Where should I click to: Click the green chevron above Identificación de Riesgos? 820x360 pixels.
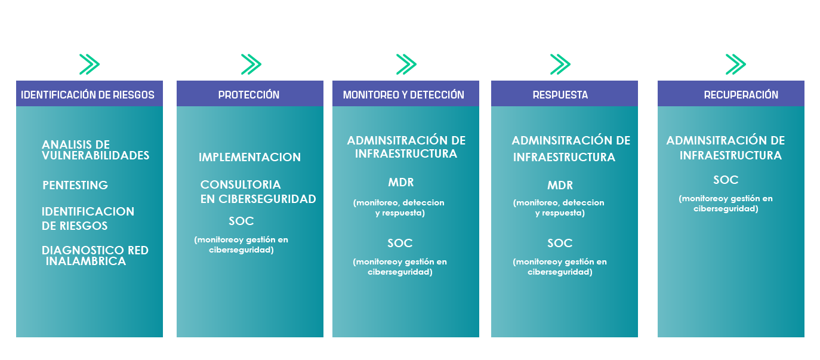point(90,64)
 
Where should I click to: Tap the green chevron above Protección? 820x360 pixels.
point(251,64)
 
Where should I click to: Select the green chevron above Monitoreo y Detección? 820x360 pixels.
point(406,64)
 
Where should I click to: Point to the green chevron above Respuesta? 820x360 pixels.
point(560,64)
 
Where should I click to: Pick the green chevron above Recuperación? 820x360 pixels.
point(736,64)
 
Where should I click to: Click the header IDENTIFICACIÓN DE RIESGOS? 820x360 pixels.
point(88,95)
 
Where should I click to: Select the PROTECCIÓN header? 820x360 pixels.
point(249,95)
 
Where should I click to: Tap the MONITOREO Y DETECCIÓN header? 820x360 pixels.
point(403,95)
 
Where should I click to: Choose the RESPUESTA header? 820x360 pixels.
point(560,95)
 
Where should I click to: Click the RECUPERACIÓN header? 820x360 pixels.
point(741,95)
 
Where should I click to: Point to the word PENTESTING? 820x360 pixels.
point(75,185)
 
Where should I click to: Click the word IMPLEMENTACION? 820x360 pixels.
point(249,158)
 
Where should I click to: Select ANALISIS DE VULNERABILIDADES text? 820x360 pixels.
point(95,150)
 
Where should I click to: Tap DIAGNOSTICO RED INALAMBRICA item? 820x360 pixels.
point(95,256)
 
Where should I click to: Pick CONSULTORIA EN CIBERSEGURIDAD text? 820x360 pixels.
point(258,192)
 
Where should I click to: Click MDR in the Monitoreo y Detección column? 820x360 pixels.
point(400,182)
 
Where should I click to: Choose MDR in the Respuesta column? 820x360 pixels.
point(560,185)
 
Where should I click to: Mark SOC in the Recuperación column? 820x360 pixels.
point(726,180)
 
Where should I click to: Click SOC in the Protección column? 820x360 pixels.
point(241,221)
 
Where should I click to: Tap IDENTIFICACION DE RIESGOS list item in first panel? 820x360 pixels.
point(88,219)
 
